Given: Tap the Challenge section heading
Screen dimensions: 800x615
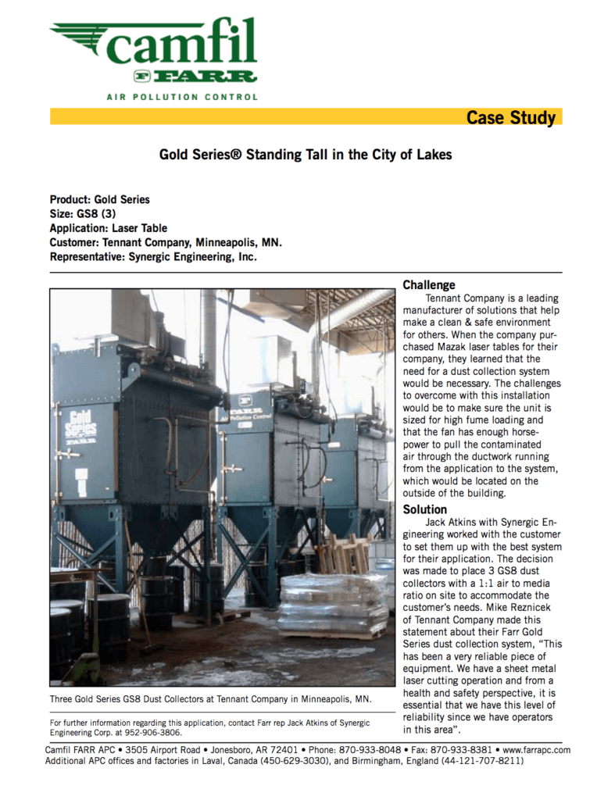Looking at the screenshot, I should click(x=428, y=285).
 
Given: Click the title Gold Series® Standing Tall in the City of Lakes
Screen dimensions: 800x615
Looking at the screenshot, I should click(x=306, y=155).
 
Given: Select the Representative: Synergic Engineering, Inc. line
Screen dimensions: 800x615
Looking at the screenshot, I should click(x=153, y=256).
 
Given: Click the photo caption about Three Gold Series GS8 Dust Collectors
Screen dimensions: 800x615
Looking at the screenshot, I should click(x=210, y=698).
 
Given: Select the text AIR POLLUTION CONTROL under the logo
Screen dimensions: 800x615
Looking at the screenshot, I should click(x=181, y=97).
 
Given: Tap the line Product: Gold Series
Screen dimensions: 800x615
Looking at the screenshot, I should click(x=99, y=200).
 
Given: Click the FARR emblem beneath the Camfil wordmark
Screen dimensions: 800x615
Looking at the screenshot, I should click(x=195, y=77).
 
